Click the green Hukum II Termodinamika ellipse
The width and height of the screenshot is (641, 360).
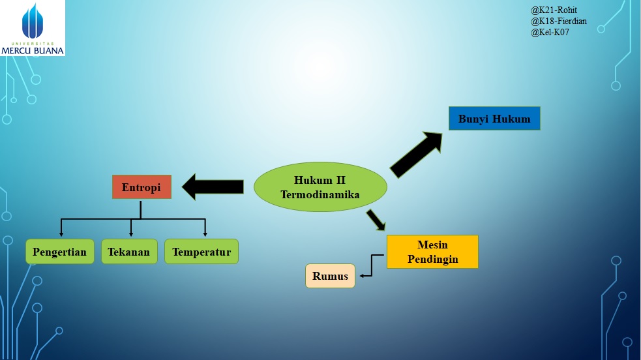(x=320, y=187)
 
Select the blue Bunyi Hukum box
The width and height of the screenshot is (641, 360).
(x=494, y=119)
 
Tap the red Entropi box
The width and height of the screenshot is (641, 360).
(x=142, y=187)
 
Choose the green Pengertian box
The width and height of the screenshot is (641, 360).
(x=61, y=252)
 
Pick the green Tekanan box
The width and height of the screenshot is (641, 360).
(x=129, y=252)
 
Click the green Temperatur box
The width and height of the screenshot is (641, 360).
(x=201, y=252)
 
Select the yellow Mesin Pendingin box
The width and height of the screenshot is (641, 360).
(x=432, y=252)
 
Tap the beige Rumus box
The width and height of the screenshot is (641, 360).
(x=330, y=276)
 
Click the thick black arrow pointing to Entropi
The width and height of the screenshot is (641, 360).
(x=213, y=187)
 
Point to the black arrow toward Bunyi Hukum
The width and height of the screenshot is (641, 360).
(x=416, y=155)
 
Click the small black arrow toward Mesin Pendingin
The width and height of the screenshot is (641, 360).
(x=376, y=220)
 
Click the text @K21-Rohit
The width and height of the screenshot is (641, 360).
(x=554, y=10)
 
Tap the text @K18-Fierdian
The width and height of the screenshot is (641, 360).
(x=559, y=21)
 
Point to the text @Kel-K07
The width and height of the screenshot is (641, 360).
(x=550, y=31)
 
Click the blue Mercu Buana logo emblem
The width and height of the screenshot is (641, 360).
(x=33, y=21)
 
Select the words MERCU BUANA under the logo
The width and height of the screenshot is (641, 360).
(x=33, y=50)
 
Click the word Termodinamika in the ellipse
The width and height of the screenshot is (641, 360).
(x=320, y=194)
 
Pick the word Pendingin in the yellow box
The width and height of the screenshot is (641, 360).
(x=432, y=259)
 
